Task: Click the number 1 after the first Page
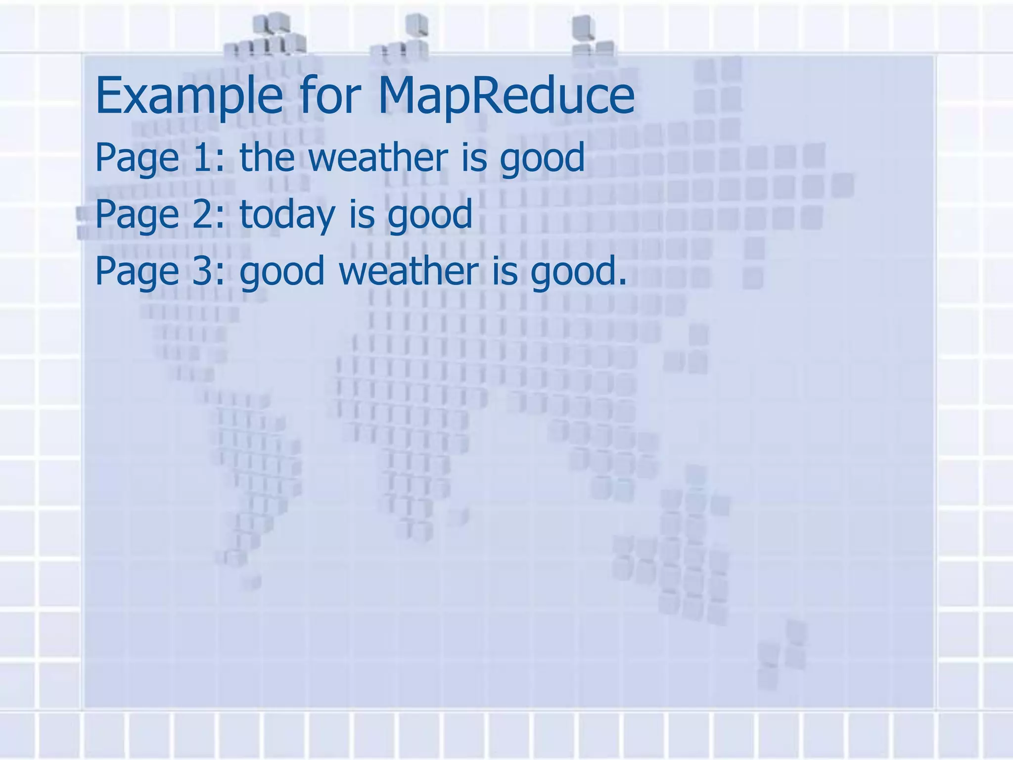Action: pos(203,157)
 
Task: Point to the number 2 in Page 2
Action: pos(203,214)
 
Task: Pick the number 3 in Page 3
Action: pos(203,271)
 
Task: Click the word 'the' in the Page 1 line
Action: pos(267,157)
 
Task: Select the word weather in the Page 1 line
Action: pos(378,157)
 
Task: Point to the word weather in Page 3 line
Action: pos(409,271)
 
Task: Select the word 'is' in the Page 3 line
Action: pos(505,271)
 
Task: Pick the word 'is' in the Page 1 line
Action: pos(474,157)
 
